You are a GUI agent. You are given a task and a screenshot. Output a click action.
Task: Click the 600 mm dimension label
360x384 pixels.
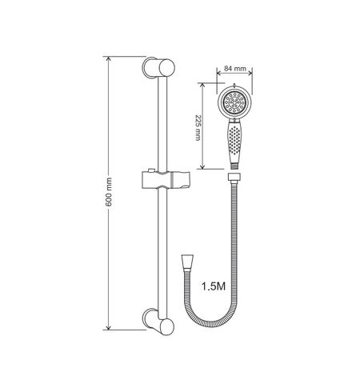[x=109, y=192]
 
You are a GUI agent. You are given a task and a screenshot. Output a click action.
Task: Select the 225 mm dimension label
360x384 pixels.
[x=198, y=128]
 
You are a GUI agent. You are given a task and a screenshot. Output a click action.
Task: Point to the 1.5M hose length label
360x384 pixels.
[x=214, y=286]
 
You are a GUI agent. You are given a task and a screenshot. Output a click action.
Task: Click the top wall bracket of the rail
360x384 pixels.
[x=158, y=67]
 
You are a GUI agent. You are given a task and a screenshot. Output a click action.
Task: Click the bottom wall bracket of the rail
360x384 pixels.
[x=158, y=322]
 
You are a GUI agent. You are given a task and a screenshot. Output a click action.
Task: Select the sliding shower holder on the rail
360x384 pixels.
[x=166, y=180]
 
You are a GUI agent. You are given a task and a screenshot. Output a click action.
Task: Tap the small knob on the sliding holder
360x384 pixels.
[x=151, y=170]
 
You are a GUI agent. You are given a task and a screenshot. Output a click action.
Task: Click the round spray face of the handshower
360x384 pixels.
[x=234, y=102]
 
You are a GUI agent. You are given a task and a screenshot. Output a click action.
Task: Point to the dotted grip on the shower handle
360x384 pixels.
[x=234, y=140]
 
